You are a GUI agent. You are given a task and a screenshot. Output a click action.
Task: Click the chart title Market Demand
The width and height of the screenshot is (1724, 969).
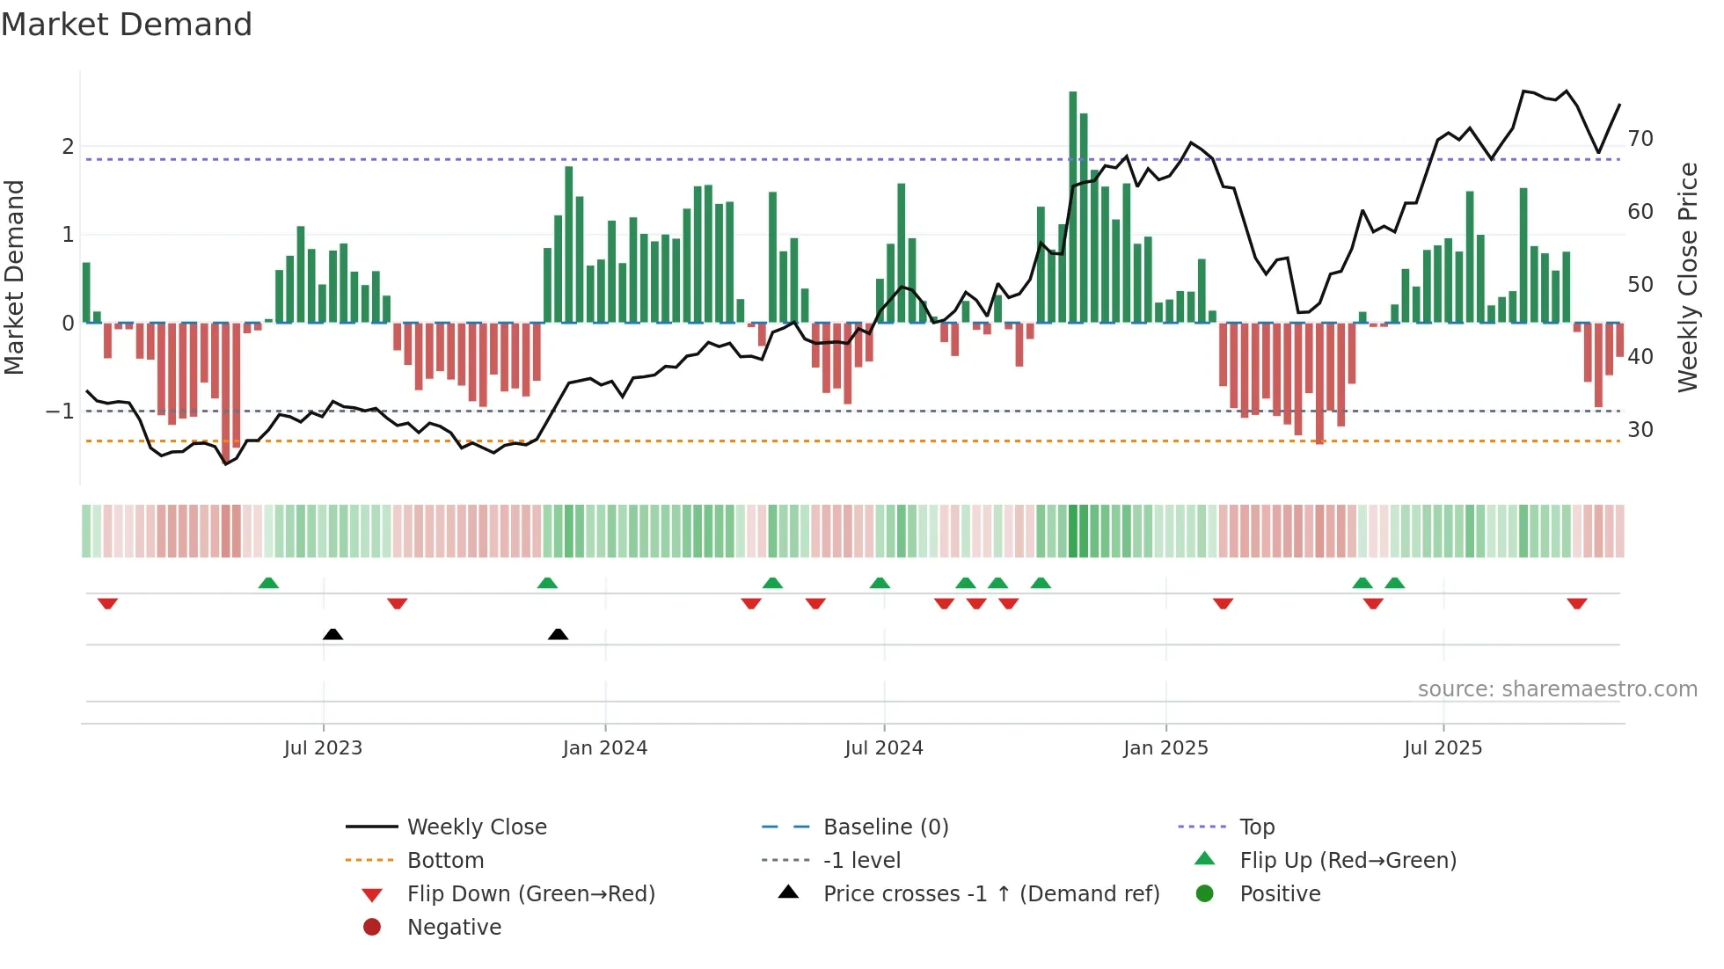pyautogui.click(x=127, y=25)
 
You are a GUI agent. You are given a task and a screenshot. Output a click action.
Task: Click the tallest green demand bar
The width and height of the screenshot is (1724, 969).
pyautogui.click(x=1072, y=207)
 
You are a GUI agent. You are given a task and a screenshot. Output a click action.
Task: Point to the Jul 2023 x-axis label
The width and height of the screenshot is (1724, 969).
pyautogui.click(x=323, y=748)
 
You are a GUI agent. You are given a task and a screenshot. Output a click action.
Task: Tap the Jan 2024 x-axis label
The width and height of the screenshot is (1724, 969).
pyautogui.click(x=605, y=748)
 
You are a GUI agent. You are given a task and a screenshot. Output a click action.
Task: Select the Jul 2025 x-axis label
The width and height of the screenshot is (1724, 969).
pyautogui.click(x=1443, y=748)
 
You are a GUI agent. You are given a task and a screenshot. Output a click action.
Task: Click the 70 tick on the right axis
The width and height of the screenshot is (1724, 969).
pyautogui.click(x=1640, y=139)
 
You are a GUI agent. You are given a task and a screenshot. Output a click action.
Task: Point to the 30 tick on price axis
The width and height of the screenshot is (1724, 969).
pyautogui.click(x=1640, y=430)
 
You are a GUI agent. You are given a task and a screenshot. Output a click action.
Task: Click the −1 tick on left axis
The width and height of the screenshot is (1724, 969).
pyautogui.click(x=60, y=412)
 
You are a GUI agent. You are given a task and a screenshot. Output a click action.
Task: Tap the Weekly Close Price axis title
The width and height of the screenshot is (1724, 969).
pyautogui.click(x=1687, y=277)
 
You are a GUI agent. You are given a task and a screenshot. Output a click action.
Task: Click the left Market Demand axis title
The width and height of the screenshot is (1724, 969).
pyautogui.click(x=15, y=277)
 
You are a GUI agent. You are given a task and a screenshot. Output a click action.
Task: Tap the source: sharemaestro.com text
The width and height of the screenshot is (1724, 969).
pyautogui.click(x=1557, y=689)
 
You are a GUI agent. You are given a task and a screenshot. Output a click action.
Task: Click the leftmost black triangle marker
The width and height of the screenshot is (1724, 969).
pyautogui.click(x=332, y=634)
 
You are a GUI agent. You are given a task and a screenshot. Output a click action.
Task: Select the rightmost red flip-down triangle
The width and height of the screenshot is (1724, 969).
pyautogui.click(x=1576, y=603)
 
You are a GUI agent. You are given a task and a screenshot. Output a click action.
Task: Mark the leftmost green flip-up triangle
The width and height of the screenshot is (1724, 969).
pyautogui.click(x=268, y=582)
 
